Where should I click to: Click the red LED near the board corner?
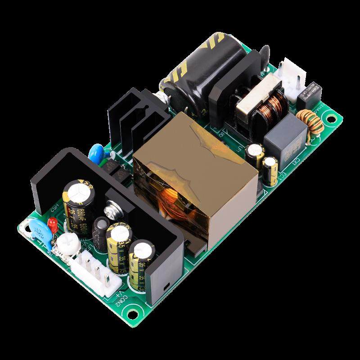click(52, 223)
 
